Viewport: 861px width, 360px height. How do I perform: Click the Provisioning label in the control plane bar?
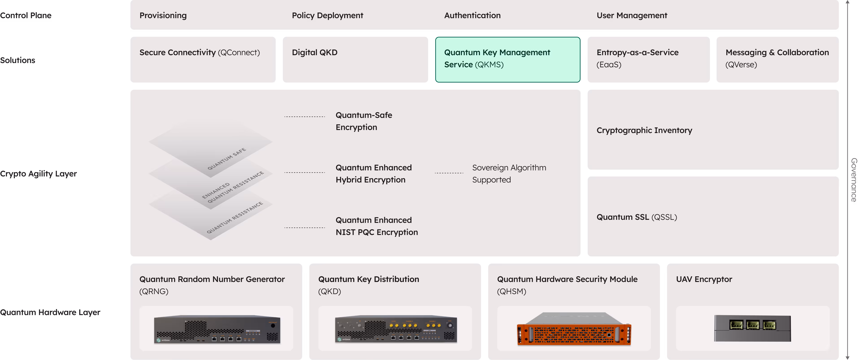click(x=163, y=15)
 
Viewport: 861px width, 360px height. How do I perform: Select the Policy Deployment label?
click(x=327, y=15)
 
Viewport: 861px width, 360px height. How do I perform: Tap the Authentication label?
click(x=472, y=15)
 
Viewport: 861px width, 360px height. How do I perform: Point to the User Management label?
click(x=632, y=15)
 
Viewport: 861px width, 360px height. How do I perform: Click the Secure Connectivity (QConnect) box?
click(x=203, y=59)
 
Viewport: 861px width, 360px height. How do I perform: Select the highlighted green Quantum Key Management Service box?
click(x=507, y=59)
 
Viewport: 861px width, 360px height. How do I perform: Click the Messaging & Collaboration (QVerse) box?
click(x=777, y=59)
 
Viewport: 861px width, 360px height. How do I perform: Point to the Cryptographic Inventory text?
click(x=644, y=130)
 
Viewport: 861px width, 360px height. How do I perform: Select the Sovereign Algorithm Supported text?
click(x=509, y=173)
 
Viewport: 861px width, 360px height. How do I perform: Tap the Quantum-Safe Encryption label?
click(x=364, y=121)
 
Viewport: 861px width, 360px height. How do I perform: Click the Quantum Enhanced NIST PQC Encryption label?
click(x=376, y=226)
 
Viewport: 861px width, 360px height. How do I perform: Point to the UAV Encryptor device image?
click(x=752, y=328)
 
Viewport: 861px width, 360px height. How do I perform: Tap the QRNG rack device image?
click(x=217, y=329)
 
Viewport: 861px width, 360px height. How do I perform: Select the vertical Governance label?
click(x=853, y=180)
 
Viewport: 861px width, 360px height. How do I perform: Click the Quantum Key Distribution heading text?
click(x=368, y=279)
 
